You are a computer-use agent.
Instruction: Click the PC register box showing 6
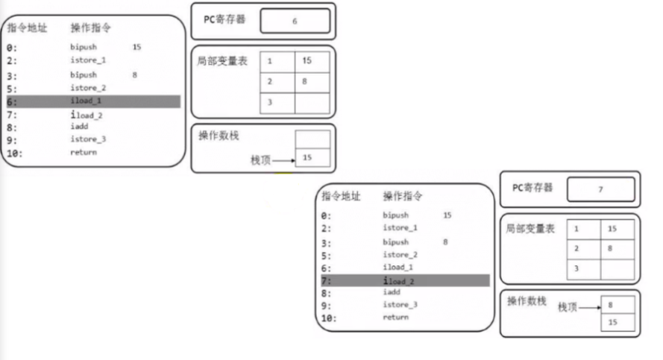295,22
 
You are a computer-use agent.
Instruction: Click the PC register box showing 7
600,189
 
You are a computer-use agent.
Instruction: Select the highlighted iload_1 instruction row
93,101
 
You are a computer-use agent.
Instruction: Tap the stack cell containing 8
618,305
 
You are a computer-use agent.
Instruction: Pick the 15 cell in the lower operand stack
618,323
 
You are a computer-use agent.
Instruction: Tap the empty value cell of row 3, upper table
312,102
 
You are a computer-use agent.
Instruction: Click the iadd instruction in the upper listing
79,127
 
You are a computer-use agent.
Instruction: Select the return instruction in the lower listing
395,317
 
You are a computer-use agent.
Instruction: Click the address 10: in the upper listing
16,153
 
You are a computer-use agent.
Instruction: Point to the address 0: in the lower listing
325,215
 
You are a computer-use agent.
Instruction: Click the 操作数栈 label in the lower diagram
527,302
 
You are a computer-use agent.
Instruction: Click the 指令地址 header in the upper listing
27,28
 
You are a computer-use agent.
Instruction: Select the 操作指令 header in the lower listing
403,197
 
